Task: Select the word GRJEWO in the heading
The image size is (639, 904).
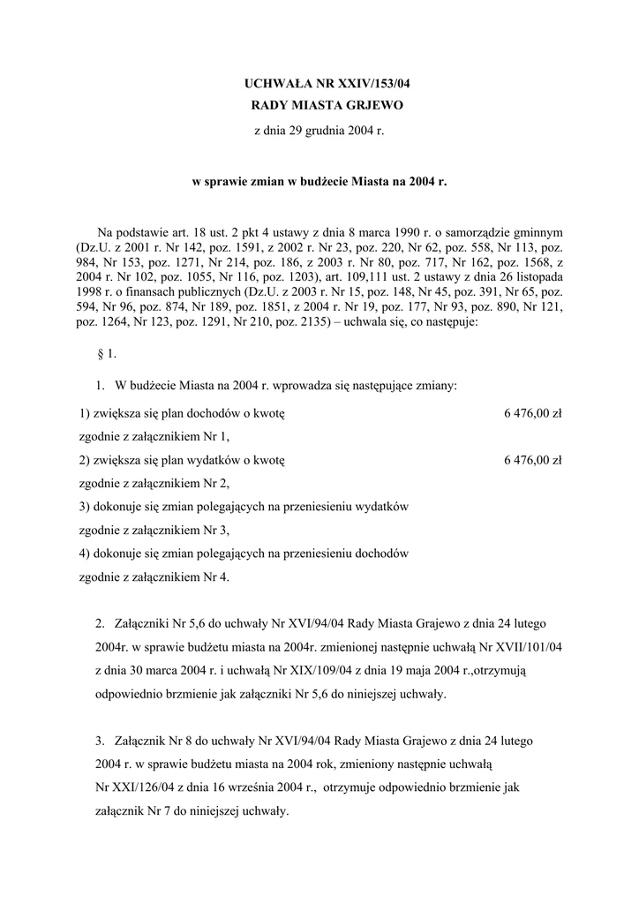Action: pyautogui.click(x=373, y=106)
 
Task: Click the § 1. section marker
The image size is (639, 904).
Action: pyautogui.click(x=107, y=356)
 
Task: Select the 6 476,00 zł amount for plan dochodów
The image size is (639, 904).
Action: pyautogui.click(x=532, y=413)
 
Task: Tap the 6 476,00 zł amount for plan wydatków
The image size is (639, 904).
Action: pyautogui.click(x=532, y=460)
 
